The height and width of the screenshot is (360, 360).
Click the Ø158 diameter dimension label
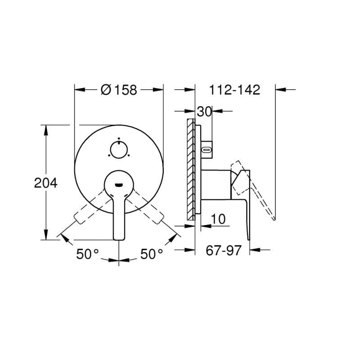(119, 90)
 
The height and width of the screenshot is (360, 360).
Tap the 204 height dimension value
(46, 183)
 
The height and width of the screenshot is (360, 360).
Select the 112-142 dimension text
(234, 90)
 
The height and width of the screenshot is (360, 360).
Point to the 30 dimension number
(204, 112)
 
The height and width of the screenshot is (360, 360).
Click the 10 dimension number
(218, 219)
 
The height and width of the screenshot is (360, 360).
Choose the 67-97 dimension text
(224, 250)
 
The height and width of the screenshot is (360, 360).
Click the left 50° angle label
(87, 254)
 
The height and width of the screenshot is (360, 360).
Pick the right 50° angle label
(152, 254)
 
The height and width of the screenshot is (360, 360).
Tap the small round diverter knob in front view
(119, 150)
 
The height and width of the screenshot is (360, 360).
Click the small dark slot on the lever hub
(119, 185)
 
